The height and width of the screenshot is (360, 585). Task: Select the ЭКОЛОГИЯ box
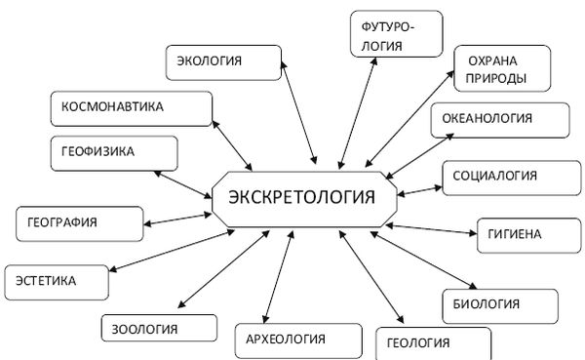(x=219, y=62)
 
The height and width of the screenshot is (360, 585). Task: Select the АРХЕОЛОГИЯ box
(x=285, y=340)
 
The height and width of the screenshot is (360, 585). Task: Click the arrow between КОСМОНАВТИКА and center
(x=234, y=143)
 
